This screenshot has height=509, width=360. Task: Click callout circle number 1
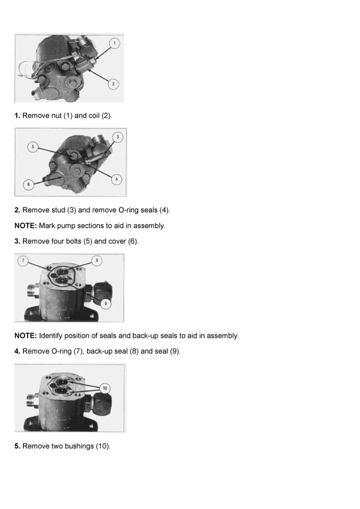(x=115, y=43)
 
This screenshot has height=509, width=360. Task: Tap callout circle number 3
(x=118, y=137)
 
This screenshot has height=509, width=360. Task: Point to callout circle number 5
(x=34, y=146)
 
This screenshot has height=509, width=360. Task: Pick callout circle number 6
(x=28, y=185)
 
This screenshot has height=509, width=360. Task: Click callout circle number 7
(x=23, y=261)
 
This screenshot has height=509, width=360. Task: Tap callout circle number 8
(x=97, y=261)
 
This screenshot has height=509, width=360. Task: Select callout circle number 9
(x=106, y=303)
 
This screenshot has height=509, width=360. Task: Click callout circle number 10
(x=105, y=388)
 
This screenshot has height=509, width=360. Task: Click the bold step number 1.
(x=17, y=115)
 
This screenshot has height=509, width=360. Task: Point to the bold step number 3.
(x=17, y=241)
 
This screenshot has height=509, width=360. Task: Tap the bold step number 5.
(x=17, y=447)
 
